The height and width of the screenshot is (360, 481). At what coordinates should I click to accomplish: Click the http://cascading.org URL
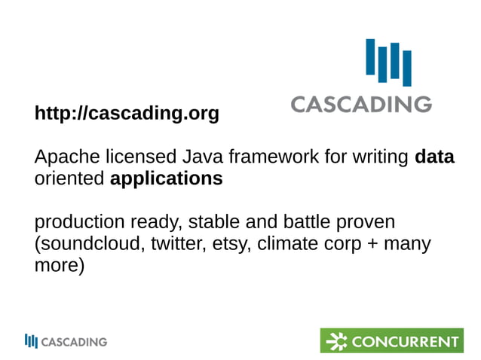127,114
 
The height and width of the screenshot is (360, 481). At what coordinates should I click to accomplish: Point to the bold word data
434,158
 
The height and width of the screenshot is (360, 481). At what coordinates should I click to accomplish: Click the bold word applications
166,179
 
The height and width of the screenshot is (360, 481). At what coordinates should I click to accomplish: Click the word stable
213,223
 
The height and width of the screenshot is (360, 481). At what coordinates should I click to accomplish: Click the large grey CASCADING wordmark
361,103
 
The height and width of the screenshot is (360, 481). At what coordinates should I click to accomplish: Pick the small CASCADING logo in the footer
66,341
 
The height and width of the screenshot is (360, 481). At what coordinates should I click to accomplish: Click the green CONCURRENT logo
391,340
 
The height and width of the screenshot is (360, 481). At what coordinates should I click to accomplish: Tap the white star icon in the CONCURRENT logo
335,340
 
